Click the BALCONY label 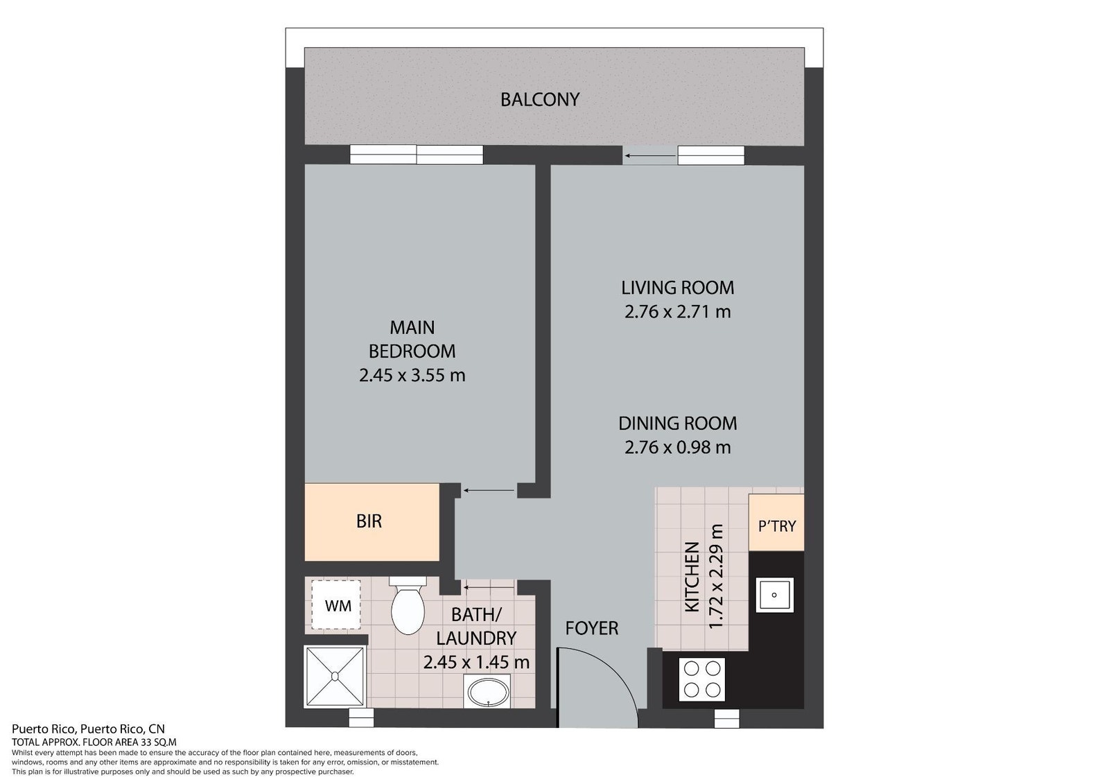[540, 100]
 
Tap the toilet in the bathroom [408, 605]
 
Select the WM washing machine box [335, 604]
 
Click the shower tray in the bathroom [335, 677]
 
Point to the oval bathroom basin [488, 693]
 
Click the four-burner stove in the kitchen [701, 679]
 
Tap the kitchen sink [774, 595]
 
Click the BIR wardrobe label [369, 521]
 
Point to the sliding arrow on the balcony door [649, 156]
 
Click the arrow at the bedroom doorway [489, 491]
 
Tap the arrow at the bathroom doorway [489, 587]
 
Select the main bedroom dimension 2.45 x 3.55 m [412, 376]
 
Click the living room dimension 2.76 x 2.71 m [677, 312]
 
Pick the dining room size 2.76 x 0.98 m [677, 448]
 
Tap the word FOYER [592, 628]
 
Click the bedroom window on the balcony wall [417, 155]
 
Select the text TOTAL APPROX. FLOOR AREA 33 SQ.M [94, 742]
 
